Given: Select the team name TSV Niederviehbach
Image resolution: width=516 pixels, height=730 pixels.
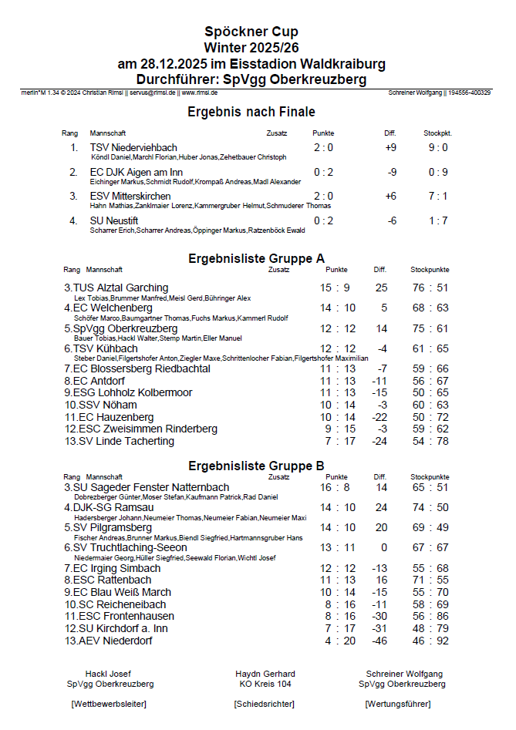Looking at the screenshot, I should tap(133, 147).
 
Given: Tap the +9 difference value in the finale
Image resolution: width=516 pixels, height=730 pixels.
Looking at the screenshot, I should tap(390, 147).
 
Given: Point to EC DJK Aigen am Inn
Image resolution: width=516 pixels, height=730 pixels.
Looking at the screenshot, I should tap(137, 172).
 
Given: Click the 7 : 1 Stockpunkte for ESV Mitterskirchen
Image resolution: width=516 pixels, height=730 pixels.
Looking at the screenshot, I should tap(438, 197).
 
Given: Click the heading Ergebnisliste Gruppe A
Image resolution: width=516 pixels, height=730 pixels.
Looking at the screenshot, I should tap(256, 258).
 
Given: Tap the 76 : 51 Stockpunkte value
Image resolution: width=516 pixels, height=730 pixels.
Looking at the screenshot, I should tap(430, 288).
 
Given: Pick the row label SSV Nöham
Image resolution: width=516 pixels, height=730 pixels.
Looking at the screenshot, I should tap(101, 405).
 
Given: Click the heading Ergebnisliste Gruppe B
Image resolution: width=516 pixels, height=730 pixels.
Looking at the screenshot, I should tap(256, 466).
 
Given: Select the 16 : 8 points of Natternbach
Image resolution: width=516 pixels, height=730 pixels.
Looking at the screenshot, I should tap(335, 487).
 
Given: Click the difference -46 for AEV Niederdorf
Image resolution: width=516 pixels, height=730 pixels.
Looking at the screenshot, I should tap(379, 641).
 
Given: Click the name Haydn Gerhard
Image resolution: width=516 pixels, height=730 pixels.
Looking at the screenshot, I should tap(265, 674).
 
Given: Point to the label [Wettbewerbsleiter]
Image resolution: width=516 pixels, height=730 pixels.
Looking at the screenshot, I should tap(108, 704).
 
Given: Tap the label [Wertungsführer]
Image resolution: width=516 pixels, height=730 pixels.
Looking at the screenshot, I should tap(397, 704).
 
